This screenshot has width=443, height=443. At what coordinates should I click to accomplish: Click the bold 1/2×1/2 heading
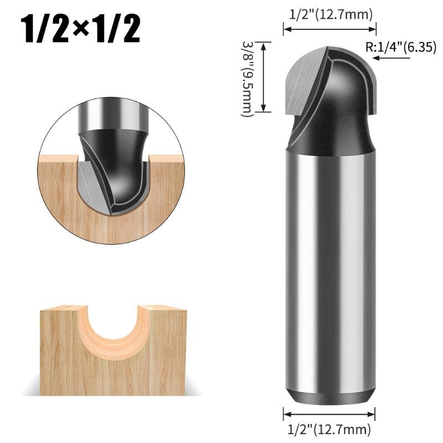[x=80, y=30]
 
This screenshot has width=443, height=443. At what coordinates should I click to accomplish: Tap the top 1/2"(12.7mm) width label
[x=331, y=14]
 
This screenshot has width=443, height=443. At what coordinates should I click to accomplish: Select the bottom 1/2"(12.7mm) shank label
[x=329, y=430]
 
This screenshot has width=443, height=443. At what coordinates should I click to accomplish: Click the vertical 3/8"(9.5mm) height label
[x=246, y=79]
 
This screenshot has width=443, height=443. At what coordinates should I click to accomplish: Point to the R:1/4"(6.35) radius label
[x=401, y=47]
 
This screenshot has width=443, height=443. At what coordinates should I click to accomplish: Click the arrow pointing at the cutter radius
[x=392, y=58]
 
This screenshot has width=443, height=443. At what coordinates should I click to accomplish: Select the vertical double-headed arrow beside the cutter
[x=264, y=77]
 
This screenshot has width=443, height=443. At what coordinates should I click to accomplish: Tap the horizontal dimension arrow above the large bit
[x=329, y=29]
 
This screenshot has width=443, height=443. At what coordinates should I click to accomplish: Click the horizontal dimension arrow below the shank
[x=329, y=414]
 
